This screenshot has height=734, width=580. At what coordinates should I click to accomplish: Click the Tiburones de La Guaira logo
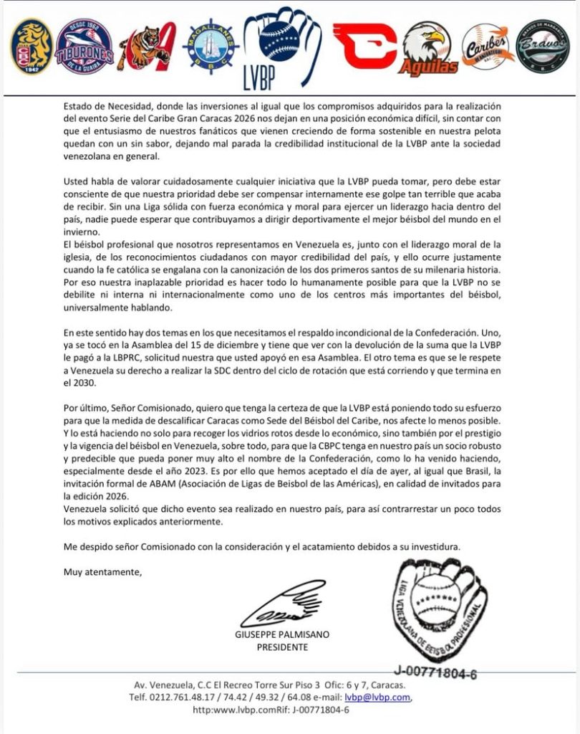[84, 47]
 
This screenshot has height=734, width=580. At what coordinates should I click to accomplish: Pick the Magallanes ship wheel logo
[207, 47]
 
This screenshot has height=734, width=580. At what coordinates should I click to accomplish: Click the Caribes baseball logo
[487, 47]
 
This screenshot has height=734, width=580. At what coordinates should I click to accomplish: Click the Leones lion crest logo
[32, 47]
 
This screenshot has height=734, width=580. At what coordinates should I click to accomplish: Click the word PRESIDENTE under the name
[282, 647]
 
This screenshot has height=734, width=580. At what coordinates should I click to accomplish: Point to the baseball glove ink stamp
[438, 609]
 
